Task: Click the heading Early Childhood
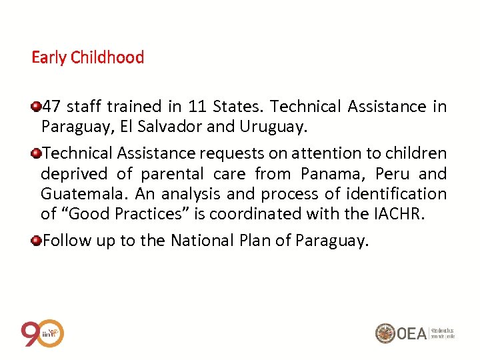click(87, 57)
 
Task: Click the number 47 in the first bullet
click(51, 107)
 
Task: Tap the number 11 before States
click(197, 107)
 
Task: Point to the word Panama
click(329, 175)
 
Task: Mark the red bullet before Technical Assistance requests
click(36, 153)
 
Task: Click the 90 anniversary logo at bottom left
click(42, 333)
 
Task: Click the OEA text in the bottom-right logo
click(412, 333)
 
